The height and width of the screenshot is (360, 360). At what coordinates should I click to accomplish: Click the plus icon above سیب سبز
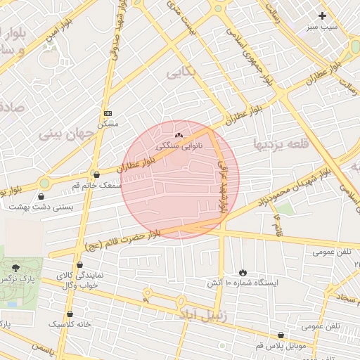click(x=322, y=15)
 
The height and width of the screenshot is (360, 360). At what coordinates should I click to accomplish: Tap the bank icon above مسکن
click(x=108, y=113)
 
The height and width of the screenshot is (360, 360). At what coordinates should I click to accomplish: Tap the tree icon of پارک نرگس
click(x=15, y=267)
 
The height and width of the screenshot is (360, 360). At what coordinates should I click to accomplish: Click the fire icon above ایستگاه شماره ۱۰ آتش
click(x=243, y=271)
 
